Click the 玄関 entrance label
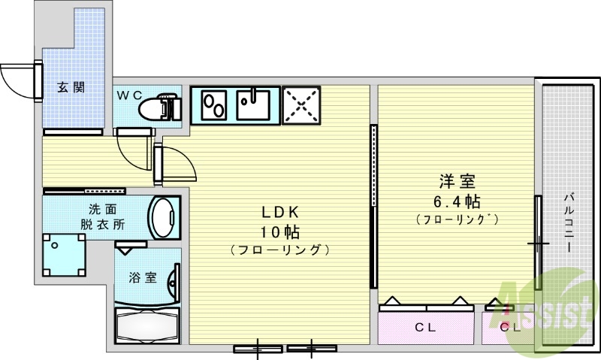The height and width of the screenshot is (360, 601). point(71,87)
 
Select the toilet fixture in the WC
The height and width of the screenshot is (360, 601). point(159,107)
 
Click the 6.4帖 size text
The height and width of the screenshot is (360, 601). point(457,201)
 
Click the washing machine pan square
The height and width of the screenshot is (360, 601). point(62,255)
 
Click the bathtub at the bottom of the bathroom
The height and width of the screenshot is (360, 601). point(147,325)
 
